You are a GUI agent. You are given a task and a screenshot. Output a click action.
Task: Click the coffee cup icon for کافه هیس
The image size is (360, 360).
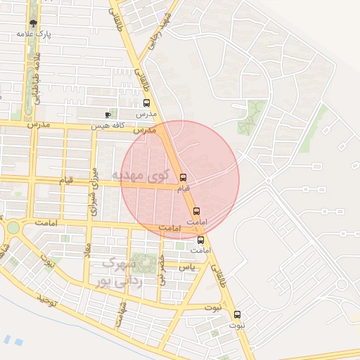(x=108, y=115)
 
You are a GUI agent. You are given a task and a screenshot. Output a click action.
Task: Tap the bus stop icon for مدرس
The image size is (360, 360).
(x=146, y=103)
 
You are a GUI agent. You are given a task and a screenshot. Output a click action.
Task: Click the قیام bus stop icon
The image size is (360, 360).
(x=184, y=177)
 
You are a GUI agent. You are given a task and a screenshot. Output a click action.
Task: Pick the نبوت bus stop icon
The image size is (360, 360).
(x=237, y=314)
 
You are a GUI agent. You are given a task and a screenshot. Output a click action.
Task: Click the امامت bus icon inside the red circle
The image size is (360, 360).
(x=196, y=211)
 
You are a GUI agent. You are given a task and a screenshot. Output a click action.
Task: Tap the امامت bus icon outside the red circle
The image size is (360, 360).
(x=200, y=239)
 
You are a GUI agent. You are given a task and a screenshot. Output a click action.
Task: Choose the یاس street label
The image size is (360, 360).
(x=186, y=267)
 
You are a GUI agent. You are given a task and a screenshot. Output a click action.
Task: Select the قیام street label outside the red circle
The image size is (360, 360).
(x=65, y=181)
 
